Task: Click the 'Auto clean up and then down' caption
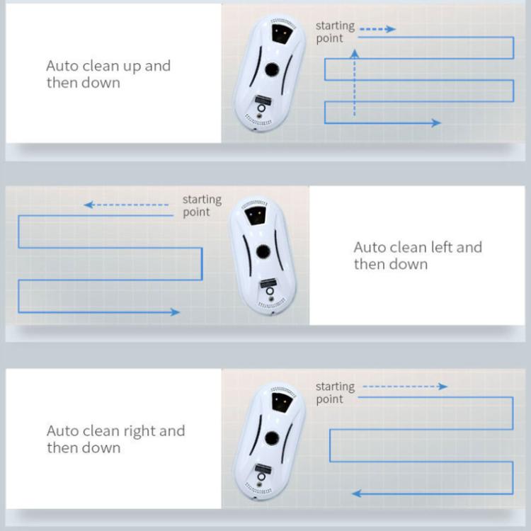pos(108,74)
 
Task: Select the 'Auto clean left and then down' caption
pos(418,256)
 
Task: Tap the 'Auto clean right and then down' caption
pos(115,439)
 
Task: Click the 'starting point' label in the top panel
pos(335,32)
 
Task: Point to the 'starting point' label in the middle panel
pos(202,206)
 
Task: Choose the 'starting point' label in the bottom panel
pos(335,392)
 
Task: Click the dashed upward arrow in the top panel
pos(355,81)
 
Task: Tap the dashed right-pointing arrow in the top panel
pos(377,30)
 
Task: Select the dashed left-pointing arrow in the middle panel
pos(127,205)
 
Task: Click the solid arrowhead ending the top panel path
pos(436,123)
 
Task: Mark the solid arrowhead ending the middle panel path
pos(175,312)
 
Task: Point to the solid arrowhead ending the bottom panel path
pos(357,493)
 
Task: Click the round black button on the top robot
pos(270,70)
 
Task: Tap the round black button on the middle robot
pos(263,251)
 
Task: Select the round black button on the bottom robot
pos(271,438)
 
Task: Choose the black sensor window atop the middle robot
pos(255,215)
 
